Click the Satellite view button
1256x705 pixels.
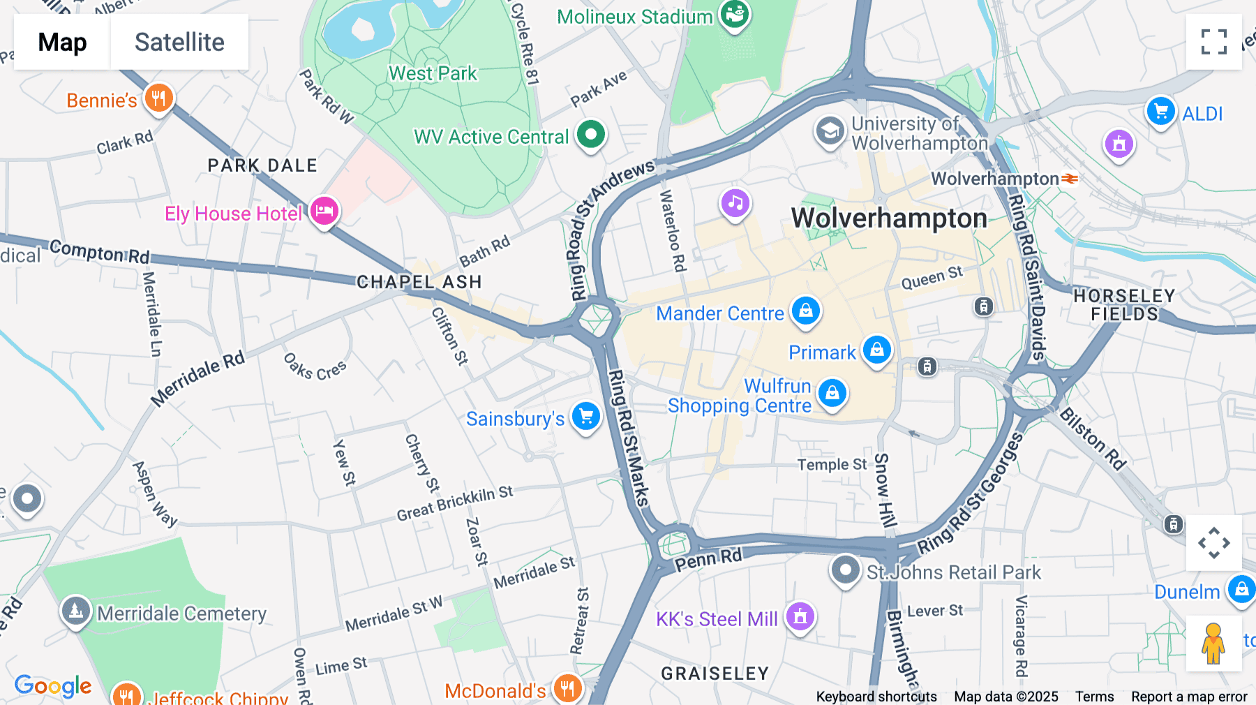(179, 42)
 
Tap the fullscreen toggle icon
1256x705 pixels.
(1213, 42)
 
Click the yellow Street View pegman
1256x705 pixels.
(1213, 643)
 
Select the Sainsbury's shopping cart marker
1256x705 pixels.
(586, 417)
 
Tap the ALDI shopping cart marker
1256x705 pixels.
(1161, 112)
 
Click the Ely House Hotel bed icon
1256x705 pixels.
(324, 211)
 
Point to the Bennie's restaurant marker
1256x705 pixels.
(158, 98)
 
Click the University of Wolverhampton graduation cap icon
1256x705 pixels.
(830, 131)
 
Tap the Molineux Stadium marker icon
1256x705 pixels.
(734, 13)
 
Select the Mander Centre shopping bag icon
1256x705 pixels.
(806, 310)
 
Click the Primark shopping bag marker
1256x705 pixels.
(877, 349)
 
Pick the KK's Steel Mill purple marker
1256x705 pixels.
(800, 616)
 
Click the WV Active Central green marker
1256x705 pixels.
(591, 134)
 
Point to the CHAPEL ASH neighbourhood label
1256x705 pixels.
(419, 282)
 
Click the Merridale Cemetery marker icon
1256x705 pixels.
(75, 611)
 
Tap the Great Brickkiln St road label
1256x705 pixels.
(454, 504)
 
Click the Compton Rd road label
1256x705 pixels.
(99, 251)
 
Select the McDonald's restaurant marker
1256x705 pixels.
(567, 688)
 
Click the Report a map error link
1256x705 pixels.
(1189, 697)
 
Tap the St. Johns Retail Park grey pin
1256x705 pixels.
(845, 570)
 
